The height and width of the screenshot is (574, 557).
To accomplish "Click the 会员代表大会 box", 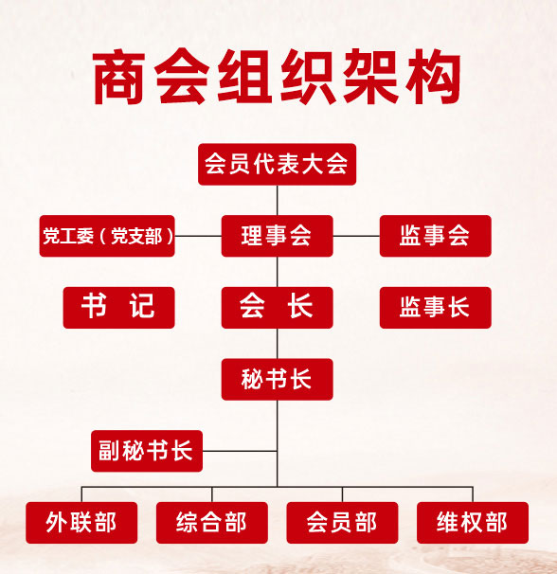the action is (x=277, y=165).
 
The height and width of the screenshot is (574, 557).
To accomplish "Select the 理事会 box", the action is (x=277, y=236).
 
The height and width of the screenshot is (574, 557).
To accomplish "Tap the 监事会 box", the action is (x=436, y=236).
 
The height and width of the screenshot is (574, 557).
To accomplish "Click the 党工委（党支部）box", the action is (x=107, y=236).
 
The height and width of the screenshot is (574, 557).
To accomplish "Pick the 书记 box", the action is (x=118, y=308).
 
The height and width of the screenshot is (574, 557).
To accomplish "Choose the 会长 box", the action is (x=277, y=308).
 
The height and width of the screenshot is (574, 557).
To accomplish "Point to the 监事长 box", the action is (x=436, y=308).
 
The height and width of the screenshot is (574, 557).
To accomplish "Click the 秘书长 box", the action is (x=277, y=379).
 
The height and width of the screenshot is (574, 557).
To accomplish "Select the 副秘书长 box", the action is (x=147, y=451).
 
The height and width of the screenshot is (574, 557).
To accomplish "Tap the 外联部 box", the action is (x=81, y=523).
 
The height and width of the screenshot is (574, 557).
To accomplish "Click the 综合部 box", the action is (x=211, y=523).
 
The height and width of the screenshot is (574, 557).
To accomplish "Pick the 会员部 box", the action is (x=342, y=523).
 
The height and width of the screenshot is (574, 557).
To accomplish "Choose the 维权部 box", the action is (x=473, y=523).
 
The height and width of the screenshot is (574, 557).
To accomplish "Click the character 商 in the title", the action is (x=118, y=77).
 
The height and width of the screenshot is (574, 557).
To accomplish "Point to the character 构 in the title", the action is (x=433, y=77).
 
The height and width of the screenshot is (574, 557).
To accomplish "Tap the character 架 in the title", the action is (x=370, y=77).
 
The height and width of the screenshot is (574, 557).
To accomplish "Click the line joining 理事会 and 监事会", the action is (x=356, y=236).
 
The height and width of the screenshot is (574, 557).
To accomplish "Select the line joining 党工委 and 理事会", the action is (x=198, y=236).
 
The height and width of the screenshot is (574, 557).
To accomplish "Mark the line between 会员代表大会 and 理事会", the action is (x=278, y=200).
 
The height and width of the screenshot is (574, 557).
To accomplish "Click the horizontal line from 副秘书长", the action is (x=240, y=451).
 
